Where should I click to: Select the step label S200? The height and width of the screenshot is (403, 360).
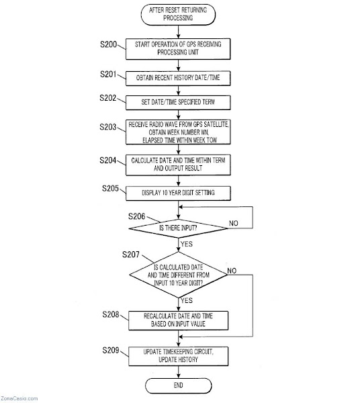coord(108,44)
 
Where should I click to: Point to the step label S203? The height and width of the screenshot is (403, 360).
coord(108,127)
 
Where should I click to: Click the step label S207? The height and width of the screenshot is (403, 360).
coord(131,255)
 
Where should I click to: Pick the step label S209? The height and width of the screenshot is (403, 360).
coord(111,350)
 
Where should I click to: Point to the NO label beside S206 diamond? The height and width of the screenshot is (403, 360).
coord(233,224)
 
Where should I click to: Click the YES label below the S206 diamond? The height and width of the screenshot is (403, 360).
coord(186,244)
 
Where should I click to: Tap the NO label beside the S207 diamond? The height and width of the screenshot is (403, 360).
coord(232,271)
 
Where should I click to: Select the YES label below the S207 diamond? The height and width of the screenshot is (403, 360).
coord(186,300)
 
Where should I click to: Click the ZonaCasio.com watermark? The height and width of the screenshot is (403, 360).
coord(19,398)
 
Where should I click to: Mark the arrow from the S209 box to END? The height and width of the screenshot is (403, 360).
coord(179,372)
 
